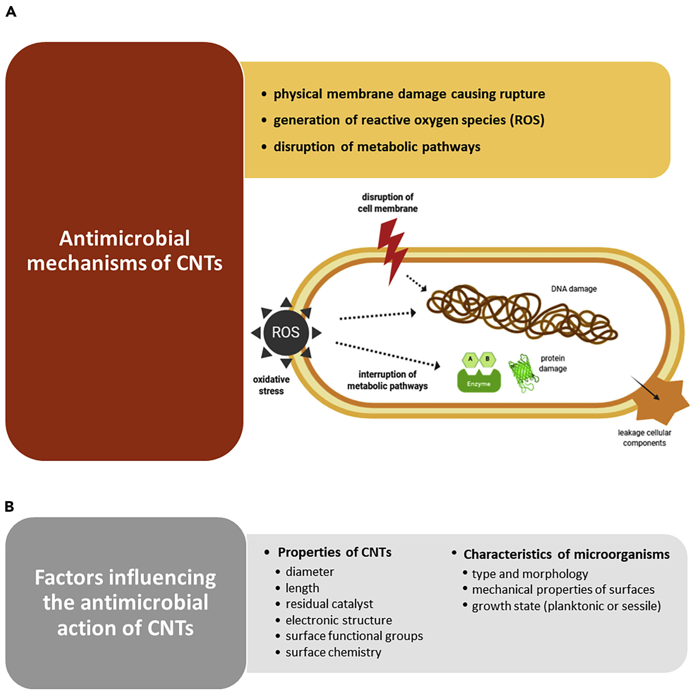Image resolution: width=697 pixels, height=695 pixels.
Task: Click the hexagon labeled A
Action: point(470,359)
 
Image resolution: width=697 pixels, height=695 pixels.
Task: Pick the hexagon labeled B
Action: point(487,359)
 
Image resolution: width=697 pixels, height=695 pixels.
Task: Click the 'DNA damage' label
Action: point(574,289)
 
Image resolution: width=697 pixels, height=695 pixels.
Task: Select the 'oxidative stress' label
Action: point(271,385)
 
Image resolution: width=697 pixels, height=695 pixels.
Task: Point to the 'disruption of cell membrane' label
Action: point(387,203)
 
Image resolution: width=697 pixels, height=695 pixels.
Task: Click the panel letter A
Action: point(11,12)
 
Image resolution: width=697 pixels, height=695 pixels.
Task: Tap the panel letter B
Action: point(9,507)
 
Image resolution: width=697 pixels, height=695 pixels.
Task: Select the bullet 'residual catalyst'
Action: point(329,604)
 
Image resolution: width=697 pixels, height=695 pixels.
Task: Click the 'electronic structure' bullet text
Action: point(338,620)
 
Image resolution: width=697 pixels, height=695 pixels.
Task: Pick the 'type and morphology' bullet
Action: point(530,574)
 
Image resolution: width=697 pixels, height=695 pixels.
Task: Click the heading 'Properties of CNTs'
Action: point(334,552)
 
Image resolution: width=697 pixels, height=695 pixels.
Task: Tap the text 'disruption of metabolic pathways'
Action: point(377,147)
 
